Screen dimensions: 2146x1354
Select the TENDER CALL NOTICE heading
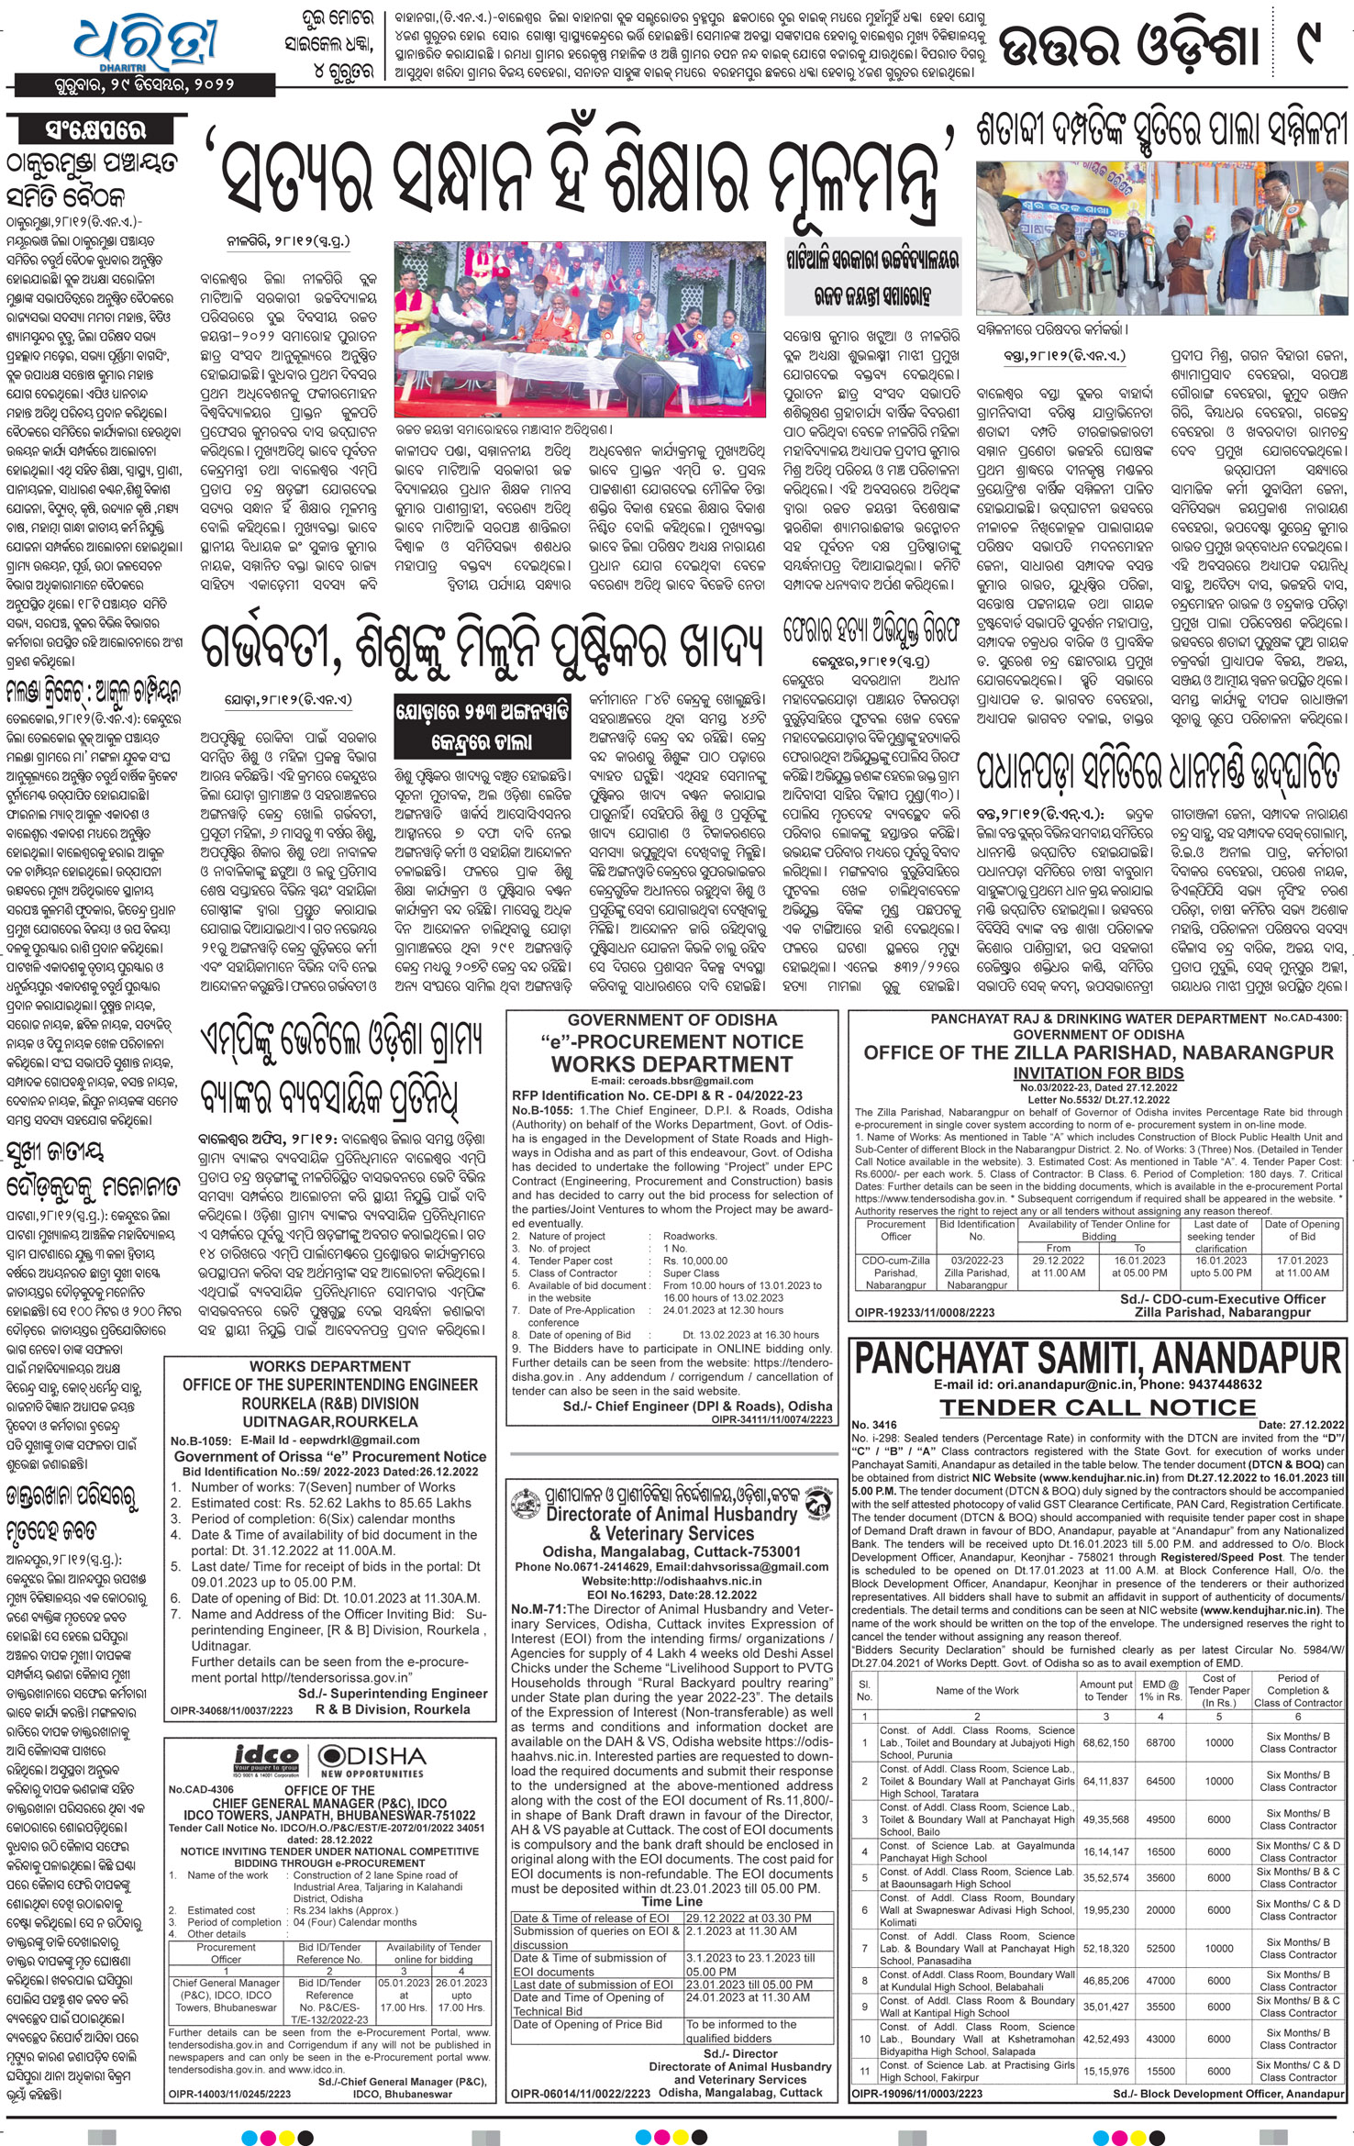point(1097,1407)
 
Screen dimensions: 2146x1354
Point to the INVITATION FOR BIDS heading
point(1098,1073)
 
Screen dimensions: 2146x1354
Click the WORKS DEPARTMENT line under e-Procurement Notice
point(671,1064)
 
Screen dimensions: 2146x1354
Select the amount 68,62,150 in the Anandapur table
point(1105,1741)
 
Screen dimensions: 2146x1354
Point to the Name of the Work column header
point(977,1690)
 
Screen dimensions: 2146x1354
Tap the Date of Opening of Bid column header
point(1302,1230)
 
